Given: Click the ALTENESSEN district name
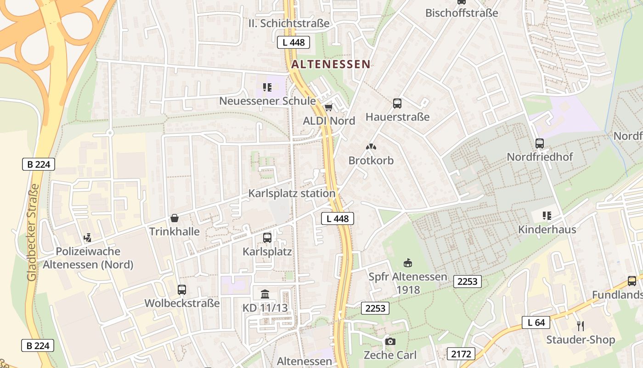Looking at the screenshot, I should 331,64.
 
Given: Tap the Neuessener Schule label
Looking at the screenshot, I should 267,101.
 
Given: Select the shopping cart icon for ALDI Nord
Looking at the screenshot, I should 328,108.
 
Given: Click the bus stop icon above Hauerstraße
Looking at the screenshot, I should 397,103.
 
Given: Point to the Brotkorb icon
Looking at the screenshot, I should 371,147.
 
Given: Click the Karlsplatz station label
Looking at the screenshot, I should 292,193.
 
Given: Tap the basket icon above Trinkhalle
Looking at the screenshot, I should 175,218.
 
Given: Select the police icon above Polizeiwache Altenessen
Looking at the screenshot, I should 88,238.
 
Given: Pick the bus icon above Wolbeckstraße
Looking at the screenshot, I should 182,290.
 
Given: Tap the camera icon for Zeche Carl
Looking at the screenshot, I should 390,341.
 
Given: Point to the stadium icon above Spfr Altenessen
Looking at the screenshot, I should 407,263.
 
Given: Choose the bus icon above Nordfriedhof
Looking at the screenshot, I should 540,144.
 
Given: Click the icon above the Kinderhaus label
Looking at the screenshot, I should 547,216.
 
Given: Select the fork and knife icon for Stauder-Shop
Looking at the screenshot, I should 581,326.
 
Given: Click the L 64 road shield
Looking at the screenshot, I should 536,322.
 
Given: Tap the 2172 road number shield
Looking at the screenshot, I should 461,354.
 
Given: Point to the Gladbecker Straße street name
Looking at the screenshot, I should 32,232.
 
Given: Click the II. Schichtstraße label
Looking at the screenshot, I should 289,23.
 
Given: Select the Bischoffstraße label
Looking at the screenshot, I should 462,13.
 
